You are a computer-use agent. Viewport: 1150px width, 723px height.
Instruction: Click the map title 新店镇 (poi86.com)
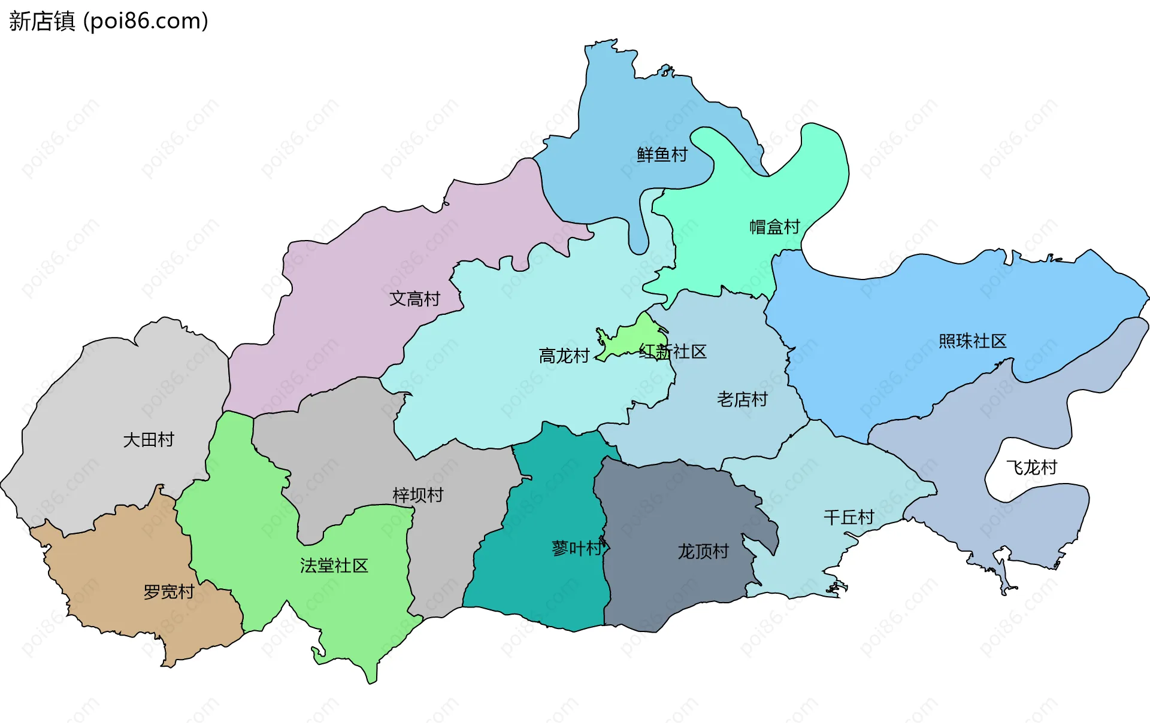[108, 21]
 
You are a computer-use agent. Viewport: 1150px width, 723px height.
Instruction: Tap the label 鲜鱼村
[662, 155]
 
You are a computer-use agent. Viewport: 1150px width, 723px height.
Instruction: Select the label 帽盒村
[774, 227]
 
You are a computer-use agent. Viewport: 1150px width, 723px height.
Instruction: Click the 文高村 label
[414, 299]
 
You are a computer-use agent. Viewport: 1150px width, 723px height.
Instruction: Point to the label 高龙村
[564, 356]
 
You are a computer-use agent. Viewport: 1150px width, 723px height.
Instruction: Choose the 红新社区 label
[673, 351]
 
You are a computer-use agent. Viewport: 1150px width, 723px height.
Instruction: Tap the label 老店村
[742, 399]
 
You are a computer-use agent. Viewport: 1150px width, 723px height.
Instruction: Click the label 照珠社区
[972, 341]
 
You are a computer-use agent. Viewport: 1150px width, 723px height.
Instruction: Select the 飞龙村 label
[1031, 467]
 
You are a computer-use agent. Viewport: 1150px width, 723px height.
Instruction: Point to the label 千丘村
[849, 517]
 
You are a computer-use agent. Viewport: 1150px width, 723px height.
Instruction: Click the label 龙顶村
[703, 551]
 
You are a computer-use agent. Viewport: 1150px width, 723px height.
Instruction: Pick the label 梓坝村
[418, 495]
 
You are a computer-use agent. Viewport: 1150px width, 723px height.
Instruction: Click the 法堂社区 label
[334, 566]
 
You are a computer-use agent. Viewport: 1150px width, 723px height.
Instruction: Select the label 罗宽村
[169, 592]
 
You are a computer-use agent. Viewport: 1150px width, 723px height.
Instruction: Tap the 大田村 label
[148, 440]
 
